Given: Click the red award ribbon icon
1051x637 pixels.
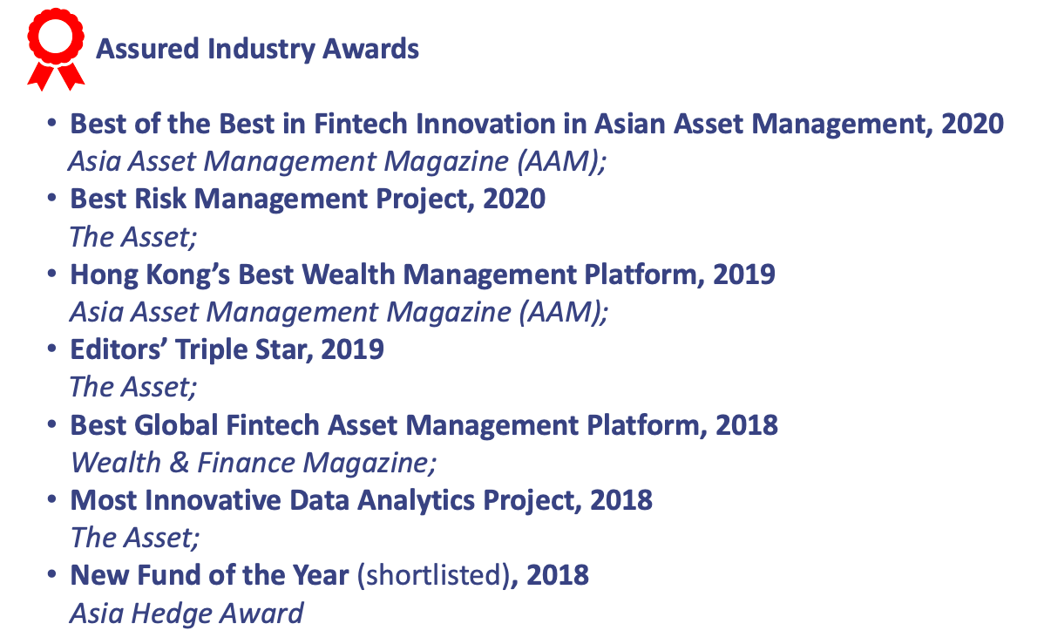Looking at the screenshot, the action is coord(56,49).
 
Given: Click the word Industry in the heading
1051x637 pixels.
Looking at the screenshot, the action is coord(261,50).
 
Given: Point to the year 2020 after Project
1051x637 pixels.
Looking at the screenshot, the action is coord(514,199).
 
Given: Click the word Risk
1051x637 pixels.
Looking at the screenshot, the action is coord(160,199).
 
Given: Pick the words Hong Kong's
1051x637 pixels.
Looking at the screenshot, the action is coord(150,274).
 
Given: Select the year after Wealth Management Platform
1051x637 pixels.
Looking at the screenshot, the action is coord(744,274).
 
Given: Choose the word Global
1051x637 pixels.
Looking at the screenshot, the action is coord(176,425).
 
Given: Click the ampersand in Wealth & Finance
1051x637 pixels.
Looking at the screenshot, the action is coord(180,463).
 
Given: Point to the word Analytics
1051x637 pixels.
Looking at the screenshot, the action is coord(417,501).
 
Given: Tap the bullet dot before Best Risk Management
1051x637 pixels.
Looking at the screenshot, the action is coord(51,198).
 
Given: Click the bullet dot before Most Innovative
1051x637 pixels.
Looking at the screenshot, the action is coord(51,499).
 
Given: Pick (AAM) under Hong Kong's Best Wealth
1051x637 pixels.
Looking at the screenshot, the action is coord(559,313).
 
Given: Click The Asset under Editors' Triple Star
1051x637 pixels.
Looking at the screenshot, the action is coord(133,388).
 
